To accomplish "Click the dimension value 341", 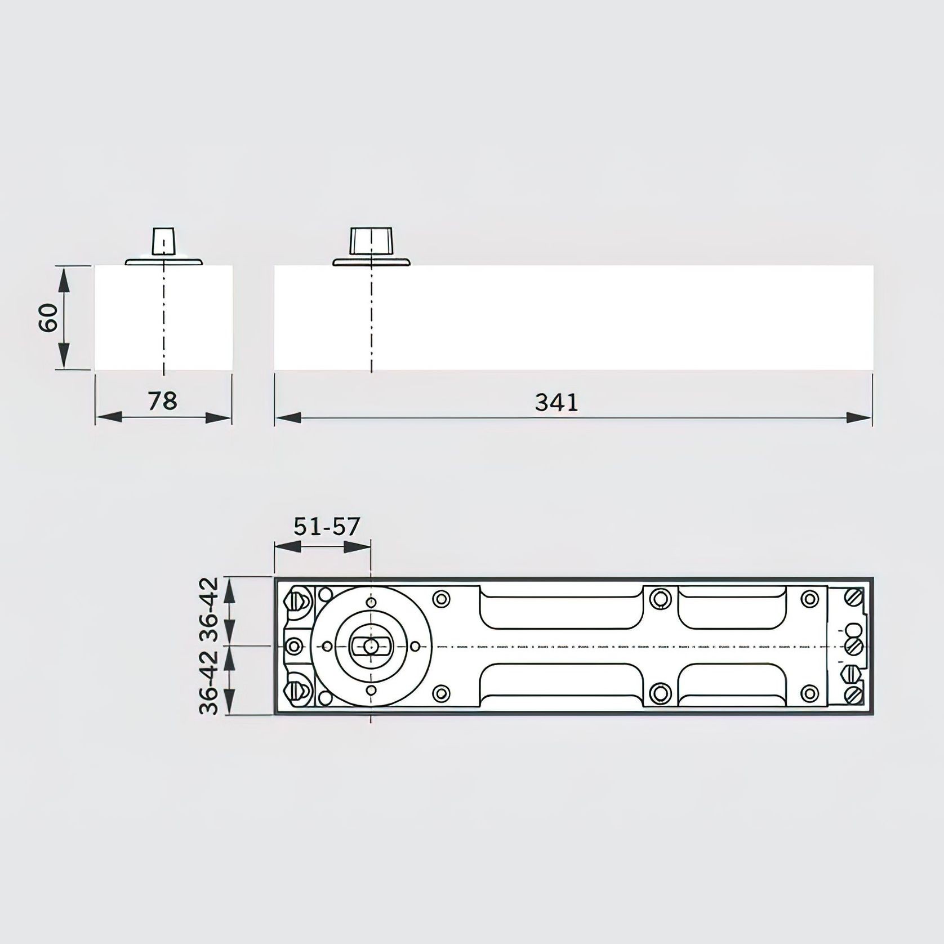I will [x=556, y=403].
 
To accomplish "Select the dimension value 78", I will [x=162, y=401].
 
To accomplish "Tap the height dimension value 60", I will [x=48, y=317].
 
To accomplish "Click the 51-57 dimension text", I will [x=326, y=526].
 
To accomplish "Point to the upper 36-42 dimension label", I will [x=209, y=609].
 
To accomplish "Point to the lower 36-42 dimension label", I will [x=209, y=682].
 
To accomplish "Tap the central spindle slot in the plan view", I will [x=370, y=646].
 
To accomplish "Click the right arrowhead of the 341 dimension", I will [x=860, y=417].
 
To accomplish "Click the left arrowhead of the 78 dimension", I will [x=108, y=417].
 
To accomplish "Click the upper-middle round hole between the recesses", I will [x=660, y=599].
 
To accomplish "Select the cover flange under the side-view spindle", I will [x=371, y=262].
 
